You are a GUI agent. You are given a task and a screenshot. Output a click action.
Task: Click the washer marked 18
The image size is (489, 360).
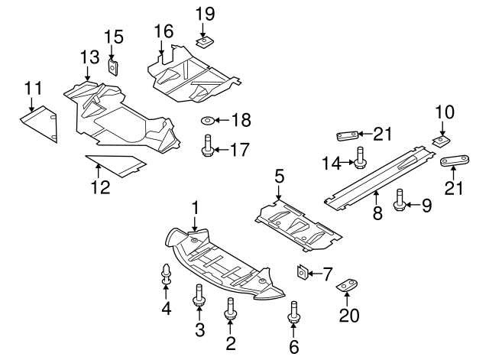pyautogui.click(x=209, y=121)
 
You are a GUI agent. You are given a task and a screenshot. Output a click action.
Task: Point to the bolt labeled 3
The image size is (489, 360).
pyautogui.click(x=199, y=296)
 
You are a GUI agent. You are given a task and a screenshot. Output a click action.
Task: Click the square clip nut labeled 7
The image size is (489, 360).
pyautogui.click(x=303, y=272)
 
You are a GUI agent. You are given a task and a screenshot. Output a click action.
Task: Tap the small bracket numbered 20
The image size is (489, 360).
pyautogui.click(x=348, y=285)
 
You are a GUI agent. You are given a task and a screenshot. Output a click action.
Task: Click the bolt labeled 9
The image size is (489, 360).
pyautogui.click(x=399, y=203)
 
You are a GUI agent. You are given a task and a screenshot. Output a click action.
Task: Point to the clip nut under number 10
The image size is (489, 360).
pyautogui.click(x=441, y=141)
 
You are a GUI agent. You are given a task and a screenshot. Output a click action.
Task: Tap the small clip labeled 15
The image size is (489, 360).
pyautogui.click(x=112, y=66)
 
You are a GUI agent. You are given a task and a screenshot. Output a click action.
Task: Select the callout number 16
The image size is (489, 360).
pyautogui.click(x=164, y=31)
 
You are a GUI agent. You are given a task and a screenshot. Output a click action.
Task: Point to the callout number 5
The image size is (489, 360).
pyautogui.click(x=280, y=177)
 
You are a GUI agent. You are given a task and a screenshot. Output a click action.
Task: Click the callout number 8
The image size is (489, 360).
pyautogui.click(x=377, y=215)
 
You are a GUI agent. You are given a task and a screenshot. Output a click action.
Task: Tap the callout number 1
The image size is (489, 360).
pyautogui.click(x=195, y=207)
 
